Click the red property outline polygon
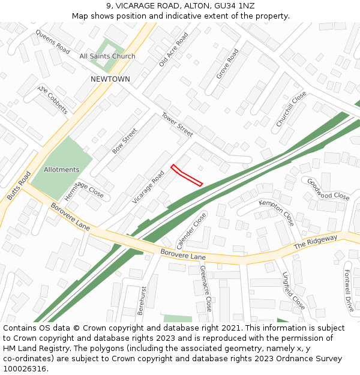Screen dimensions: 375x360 pyautogui.click(x=187, y=175)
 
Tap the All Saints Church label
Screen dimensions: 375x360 pyautogui.click(x=107, y=56)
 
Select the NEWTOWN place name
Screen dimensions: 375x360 pyautogui.click(x=110, y=79)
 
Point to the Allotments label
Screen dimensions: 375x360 pyautogui.click(x=61, y=170)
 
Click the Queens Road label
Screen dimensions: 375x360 pyautogui.click(x=53, y=41)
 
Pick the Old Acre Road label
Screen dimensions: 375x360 pyautogui.click(x=173, y=49)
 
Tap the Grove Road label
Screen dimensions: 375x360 pyautogui.click(x=227, y=64)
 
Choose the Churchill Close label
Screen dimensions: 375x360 pyautogui.click(x=291, y=109)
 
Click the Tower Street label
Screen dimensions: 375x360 pyautogui.click(x=177, y=124)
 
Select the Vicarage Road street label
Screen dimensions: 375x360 pyautogui.click(x=148, y=187)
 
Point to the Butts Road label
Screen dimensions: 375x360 pyautogui.click(x=19, y=186)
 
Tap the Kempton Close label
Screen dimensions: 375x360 pyautogui.click(x=276, y=212)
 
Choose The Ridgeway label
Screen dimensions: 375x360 pyautogui.click(x=316, y=242)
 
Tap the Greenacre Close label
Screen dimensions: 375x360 pyautogui.click(x=205, y=289)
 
